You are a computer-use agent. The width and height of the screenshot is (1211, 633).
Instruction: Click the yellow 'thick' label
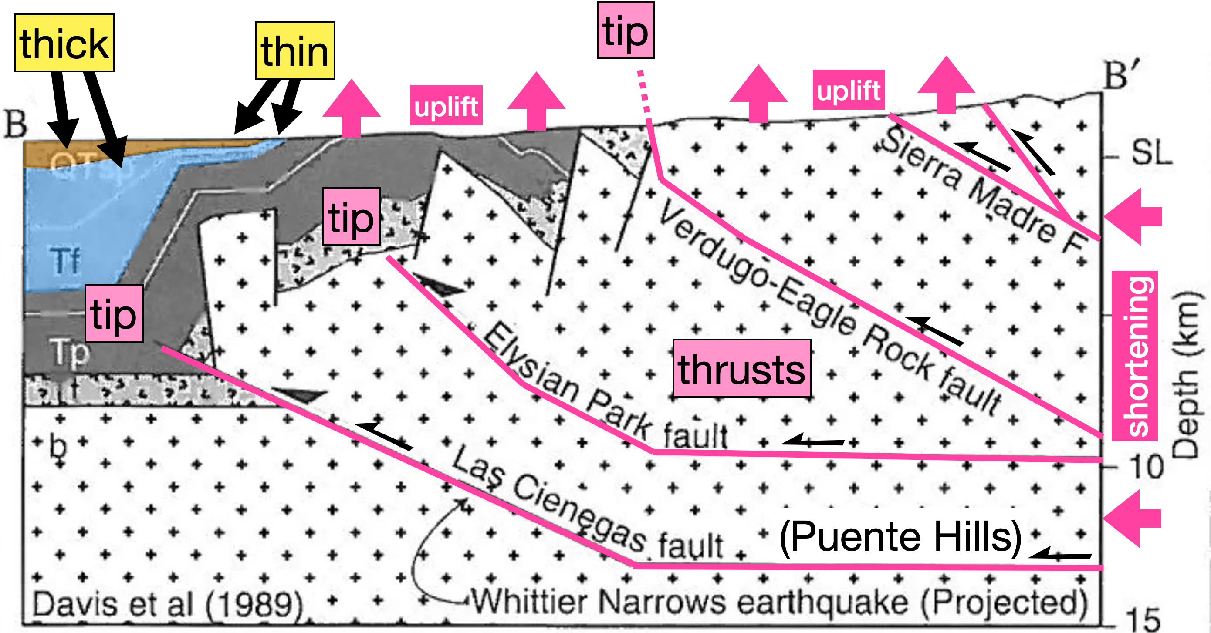point(64,43)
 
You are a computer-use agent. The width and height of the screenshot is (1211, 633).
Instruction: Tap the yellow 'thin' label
point(295,51)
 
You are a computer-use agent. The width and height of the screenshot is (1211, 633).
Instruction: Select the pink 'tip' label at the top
point(625,30)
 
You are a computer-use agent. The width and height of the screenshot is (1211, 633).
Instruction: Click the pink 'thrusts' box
point(742,368)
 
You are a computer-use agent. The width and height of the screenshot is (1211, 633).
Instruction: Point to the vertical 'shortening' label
point(1134,356)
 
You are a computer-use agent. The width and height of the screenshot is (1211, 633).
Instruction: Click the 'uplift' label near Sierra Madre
point(849,90)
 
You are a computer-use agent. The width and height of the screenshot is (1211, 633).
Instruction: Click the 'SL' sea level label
point(1151,153)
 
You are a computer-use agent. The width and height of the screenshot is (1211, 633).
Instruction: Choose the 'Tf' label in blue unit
point(65,261)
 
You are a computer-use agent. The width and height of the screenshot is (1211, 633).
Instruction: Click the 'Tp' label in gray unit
point(70,352)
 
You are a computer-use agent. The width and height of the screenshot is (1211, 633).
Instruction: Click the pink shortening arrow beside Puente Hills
point(1133,519)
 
